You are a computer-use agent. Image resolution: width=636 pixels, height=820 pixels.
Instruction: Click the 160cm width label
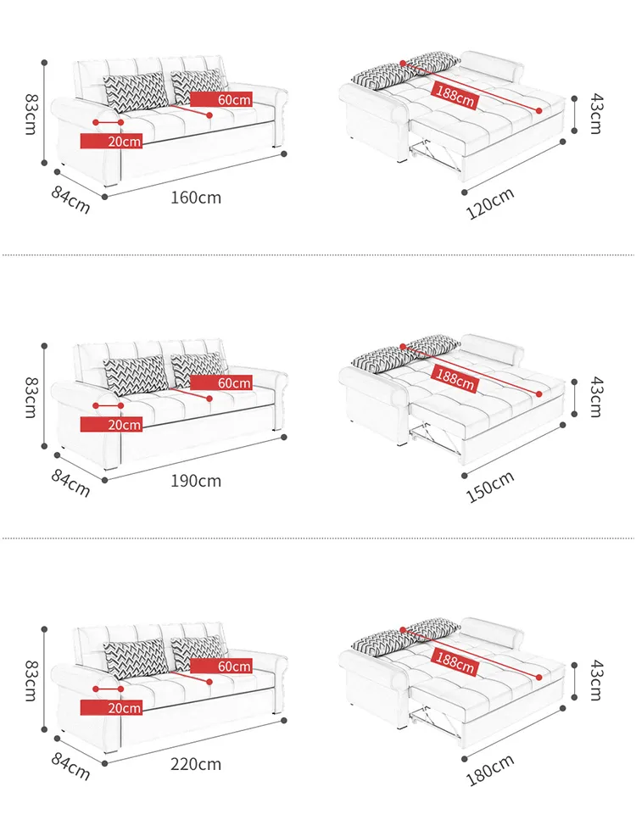tap(196, 198)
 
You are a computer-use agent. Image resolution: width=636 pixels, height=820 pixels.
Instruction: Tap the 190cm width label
tap(196, 481)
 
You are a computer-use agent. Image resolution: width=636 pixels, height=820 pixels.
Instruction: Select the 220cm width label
tap(196, 765)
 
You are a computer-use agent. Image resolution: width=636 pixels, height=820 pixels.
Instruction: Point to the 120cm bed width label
tap(490, 204)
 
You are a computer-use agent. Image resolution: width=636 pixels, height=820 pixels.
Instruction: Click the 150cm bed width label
tap(490, 487)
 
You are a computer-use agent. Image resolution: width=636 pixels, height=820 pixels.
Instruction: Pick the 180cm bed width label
tap(490, 770)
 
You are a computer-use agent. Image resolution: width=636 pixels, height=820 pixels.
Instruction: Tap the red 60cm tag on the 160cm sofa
tap(221, 99)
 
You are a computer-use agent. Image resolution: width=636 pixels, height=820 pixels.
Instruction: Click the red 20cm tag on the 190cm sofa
tap(111, 425)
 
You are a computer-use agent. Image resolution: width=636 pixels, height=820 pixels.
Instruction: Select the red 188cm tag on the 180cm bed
tap(455, 663)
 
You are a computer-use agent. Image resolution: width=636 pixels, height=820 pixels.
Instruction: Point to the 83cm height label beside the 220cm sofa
tap(31, 680)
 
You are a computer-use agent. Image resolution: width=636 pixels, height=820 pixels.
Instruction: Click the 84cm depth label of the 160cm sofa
tap(70, 200)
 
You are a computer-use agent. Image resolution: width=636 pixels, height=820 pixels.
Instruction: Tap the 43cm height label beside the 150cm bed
tap(596, 398)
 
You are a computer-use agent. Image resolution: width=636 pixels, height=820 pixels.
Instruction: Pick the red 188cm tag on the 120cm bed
tap(455, 96)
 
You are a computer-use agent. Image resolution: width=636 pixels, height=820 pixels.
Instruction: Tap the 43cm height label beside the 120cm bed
tap(596, 114)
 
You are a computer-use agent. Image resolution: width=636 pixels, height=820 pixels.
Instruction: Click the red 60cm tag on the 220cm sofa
tap(221, 667)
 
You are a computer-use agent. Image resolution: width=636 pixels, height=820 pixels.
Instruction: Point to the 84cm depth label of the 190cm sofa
tap(70, 483)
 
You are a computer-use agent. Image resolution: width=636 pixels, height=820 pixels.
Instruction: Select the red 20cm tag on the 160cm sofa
tap(111, 142)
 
